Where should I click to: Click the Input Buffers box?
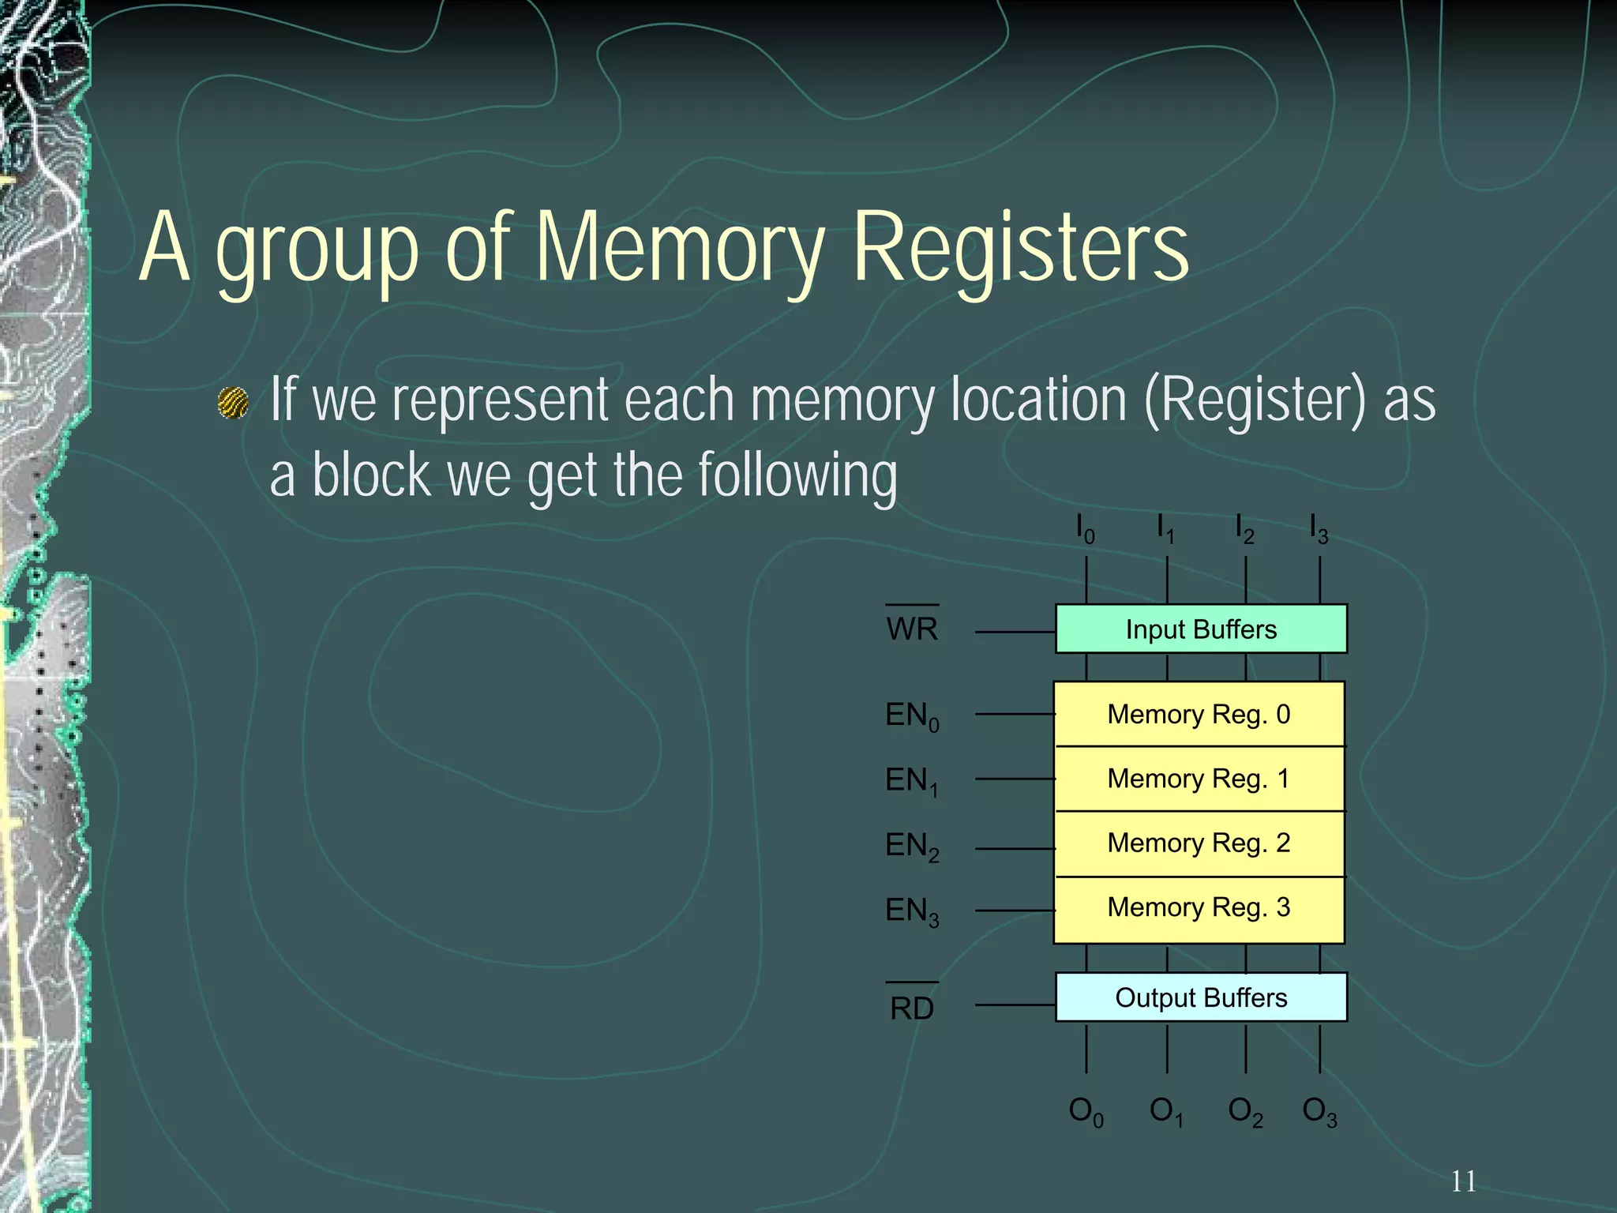pos(1200,629)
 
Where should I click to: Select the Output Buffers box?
pos(1200,997)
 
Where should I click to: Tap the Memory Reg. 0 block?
pos(1199,714)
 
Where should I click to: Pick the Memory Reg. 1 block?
pos(1199,779)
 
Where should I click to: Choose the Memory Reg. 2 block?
pos(1199,843)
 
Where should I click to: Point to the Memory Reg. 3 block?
pos(1199,908)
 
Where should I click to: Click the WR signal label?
pos(912,629)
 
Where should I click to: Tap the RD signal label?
pos(912,1008)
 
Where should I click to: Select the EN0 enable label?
pos(912,716)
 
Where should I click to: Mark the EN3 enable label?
pos(912,911)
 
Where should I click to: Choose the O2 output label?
pos(1245,1112)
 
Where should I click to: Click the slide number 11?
pos(1463,1181)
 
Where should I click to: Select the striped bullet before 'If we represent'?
pos(233,404)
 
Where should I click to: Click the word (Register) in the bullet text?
pos(1255,400)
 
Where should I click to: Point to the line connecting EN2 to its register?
pos(1015,849)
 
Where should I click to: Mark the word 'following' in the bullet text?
pos(797,475)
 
